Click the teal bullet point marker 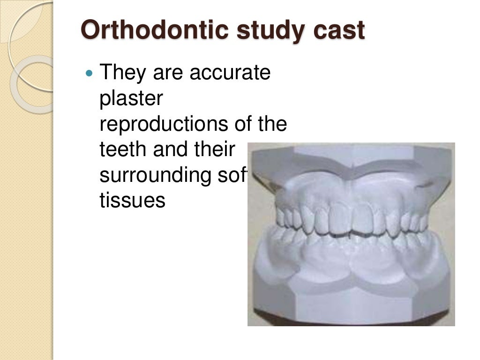coord(90,74)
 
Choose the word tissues coord(133,201)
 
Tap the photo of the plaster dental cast coord(351,234)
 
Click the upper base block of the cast coord(352,159)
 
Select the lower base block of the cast coord(352,300)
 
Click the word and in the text coord(165,150)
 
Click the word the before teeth coord(275,124)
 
